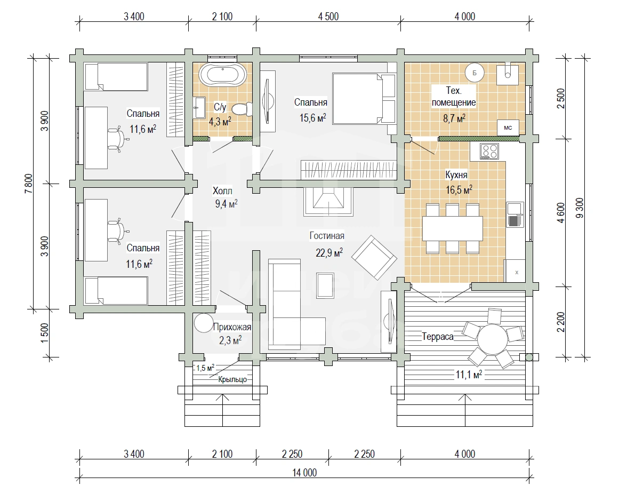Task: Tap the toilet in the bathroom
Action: pyautogui.click(x=242, y=109)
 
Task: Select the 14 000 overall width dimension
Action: pyautogui.click(x=305, y=473)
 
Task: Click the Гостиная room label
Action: pyautogui.click(x=327, y=236)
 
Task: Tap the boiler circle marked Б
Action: pyautogui.click(x=475, y=73)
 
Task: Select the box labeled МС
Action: pyautogui.click(x=508, y=128)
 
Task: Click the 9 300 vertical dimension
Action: pyautogui.click(x=579, y=208)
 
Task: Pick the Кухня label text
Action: pyautogui.click(x=456, y=174)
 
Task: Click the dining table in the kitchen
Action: pyautogui.click(x=453, y=228)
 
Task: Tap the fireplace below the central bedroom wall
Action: pyautogui.click(x=328, y=201)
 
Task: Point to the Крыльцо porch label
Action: pyautogui.click(x=232, y=380)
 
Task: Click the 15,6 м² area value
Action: pyautogui.click(x=312, y=117)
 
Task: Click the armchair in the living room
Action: pyautogui.click(x=374, y=258)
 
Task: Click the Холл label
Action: pyautogui.click(x=222, y=191)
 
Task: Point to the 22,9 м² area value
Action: pyautogui.click(x=329, y=252)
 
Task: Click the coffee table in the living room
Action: pyautogui.click(x=325, y=285)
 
